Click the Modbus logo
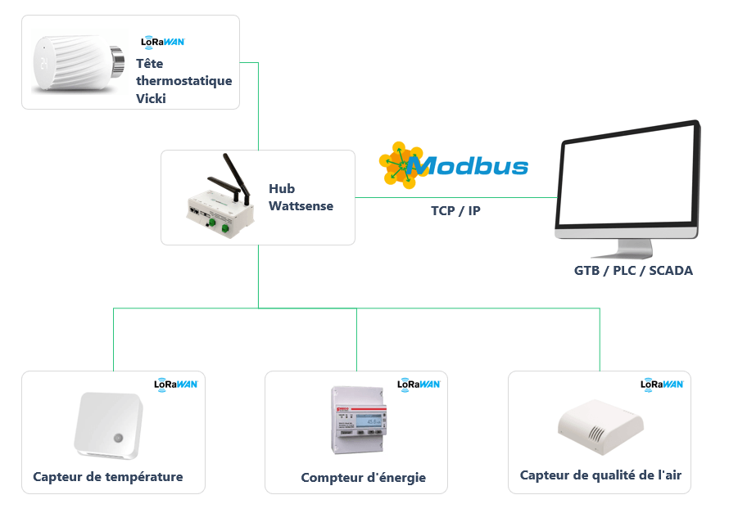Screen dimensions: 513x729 pyautogui.click(x=455, y=165)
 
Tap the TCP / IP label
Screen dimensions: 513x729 pyautogui.click(x=455, y=211)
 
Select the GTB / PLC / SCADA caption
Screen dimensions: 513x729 pyautogui.click(x=633, y=270)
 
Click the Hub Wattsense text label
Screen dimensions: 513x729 pyautogui.click(x=301, y=197)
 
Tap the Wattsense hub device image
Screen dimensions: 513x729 pyautogui.click(x=215, y=200)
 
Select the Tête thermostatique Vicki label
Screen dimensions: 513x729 pyautogui.click(x=183, y=81)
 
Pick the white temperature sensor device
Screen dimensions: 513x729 pyautogui.click(x=109, y=425)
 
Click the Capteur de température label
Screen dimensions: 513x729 pyautogui.click(x=108, y=477)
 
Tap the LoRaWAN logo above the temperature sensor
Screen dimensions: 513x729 pyautogui.click(x=176, y=384)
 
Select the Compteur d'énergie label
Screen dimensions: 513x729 pyautogui.click(x=363, y=478)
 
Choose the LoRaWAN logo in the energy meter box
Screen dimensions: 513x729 pyautogui.click(x=419, y=384)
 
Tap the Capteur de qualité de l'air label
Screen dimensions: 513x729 pyautogui.click(x=600, y=475)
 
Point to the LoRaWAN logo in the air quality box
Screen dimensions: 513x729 pyautogui.click(x=662, y=384)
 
